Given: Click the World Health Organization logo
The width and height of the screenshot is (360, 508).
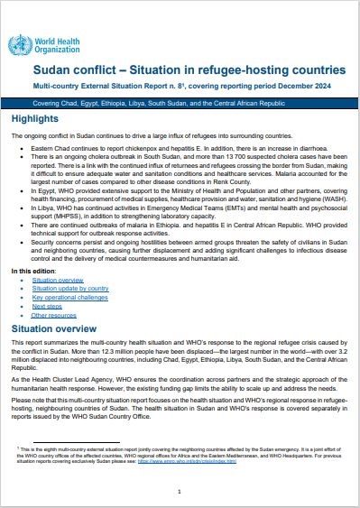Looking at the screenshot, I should [x=44, y=44].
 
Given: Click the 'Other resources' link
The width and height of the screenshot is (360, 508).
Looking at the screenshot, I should [x=53, y=315].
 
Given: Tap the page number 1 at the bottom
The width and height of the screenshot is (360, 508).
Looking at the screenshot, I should [x=180, y=491].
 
